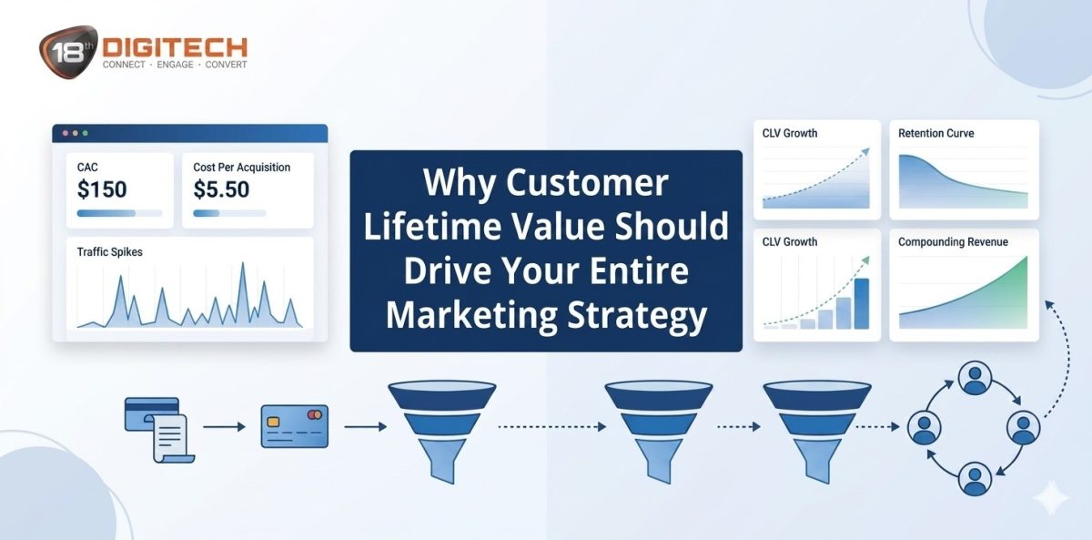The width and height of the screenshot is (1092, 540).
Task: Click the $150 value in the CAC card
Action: tap(102, 189)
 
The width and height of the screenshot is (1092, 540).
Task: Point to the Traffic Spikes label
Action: tap(110, 251)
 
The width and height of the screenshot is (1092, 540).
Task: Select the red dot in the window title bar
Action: tap(65, 133)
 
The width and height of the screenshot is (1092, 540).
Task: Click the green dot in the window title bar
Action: tap(86, 133)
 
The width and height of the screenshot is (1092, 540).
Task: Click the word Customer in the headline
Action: tap(587, 183)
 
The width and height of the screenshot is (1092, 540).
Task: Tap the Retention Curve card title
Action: tap(935, 134)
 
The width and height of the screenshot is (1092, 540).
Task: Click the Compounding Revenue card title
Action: tap(953, 242)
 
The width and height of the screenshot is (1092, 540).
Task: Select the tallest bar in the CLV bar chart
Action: tap(861, 302)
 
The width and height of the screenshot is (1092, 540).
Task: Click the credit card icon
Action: tap(294, 426)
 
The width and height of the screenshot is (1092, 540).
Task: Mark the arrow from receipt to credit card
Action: tap(224, 426)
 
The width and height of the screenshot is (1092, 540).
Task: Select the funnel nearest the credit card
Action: tap(441, 429)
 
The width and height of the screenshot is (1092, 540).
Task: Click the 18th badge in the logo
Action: tap(69, 50)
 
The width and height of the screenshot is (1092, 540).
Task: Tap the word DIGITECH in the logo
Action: tap(174, 46)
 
